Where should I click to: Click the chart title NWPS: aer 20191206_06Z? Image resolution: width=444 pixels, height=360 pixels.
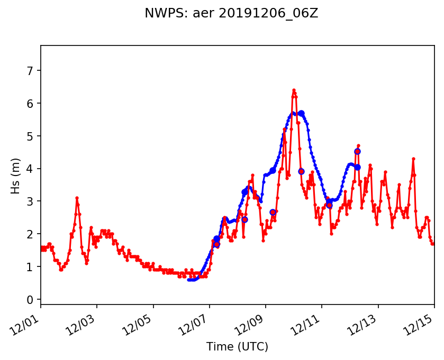[x=231, y=14]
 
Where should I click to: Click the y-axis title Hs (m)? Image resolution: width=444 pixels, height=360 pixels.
[x=16, y=176]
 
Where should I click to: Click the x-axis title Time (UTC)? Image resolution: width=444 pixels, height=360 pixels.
[x=237, y=347]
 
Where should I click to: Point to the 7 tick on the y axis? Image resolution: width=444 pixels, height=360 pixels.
[x=31, y=71]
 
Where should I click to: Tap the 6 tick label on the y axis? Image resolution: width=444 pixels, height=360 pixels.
[x=31, y=104]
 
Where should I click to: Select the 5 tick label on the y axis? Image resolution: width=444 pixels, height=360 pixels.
[x=31, y=136]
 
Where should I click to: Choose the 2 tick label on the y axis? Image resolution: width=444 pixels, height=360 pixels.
[x=31, y=234]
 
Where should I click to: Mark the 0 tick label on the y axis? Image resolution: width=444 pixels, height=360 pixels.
[x=31, y=300]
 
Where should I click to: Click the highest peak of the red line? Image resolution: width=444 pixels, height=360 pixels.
[x=294, y=90]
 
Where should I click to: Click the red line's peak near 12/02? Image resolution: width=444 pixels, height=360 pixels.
[x=77, y=198]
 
